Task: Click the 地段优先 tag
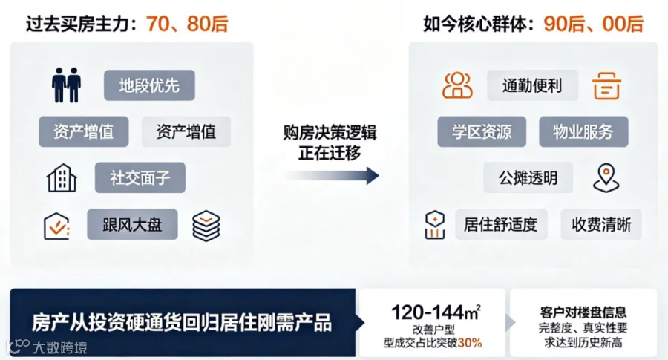click(x=149, y=85)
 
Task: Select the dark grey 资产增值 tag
click(x=83, y=131)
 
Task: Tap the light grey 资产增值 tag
click(x=186, y=131)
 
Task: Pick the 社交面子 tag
click(x=140, y=177)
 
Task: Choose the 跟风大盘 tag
click(x=133, y=224)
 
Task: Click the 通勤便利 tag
click(x=532, y=85)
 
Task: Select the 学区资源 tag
click(x=482, y=131)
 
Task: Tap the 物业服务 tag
click(x=583, y=131)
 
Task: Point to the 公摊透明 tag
click(x=528, y=177)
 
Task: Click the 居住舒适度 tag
click(x=501, y=224)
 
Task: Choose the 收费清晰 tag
click(x=601, y=224)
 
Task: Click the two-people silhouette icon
click(x=67, y=85)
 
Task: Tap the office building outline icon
click(x=62, y=177)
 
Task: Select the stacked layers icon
click(x=206, y=226)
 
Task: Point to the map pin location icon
click(x=606, y=177)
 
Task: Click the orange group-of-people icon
click(x=457, y=85)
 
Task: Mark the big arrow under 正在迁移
click(x=333, y=175)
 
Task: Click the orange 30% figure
click(x=470, y=342)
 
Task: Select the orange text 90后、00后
click(x=594, y=24)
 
